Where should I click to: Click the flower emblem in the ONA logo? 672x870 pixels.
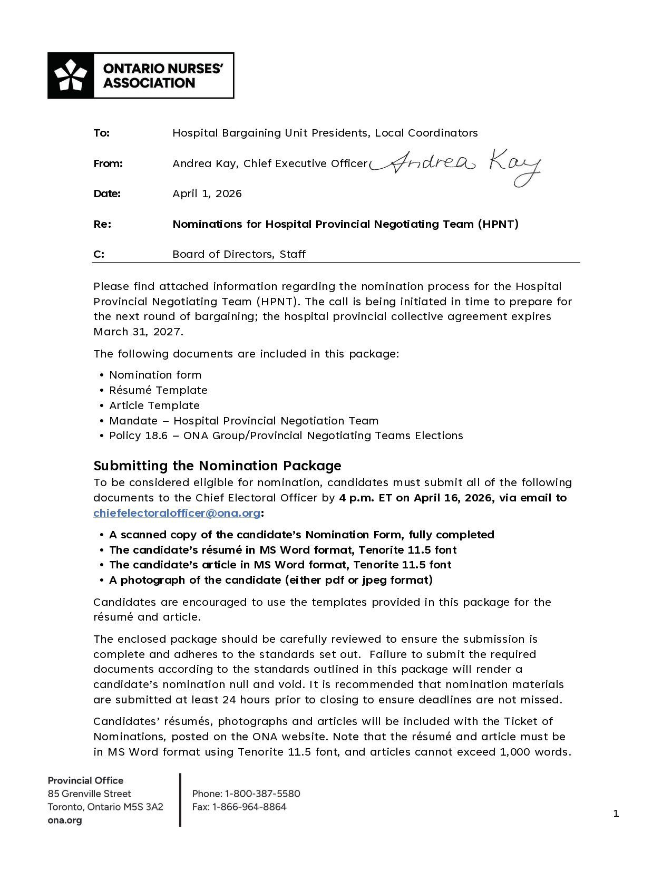pyautogui.click(x=71, y=75)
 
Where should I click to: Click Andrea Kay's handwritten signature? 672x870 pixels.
pyautogui.click(x=456, y=165)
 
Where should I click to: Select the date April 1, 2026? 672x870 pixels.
pyautogui.click(x=207, y=194)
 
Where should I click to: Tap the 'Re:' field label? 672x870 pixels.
pyautogui.click(x=102, y=224)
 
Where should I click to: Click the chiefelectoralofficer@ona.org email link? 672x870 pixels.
pyautogui.click(x=177, y=513)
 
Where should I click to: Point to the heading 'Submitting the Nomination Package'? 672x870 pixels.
pyautogui.click(x=217, y=466)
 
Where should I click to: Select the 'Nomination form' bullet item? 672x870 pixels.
pyautogui.click(x=155, y=375)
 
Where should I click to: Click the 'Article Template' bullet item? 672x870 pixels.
pyautogui.click(x=154, y=405)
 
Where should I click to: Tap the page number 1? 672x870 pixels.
pyautogui.click(x=616, y=814)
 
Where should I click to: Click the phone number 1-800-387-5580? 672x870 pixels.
pyautogui.click(x=262, y=794)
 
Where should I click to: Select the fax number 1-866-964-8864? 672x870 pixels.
pyautogui.click(x=249, y=807)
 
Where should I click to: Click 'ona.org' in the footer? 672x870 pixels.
pyautogui.click(x=65, y=820)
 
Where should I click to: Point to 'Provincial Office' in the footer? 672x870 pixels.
pyautogui.click(x=85, y=780)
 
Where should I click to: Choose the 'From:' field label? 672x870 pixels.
pyautogui.click(x=108, y=163)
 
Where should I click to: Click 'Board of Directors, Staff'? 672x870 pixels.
pyautogui.click(x=239, y=254)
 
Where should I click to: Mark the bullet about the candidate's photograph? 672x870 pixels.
pyautogui.click(x=270, y=580)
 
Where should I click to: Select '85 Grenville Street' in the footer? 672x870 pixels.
pyautogui.click(x=89, y=794)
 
